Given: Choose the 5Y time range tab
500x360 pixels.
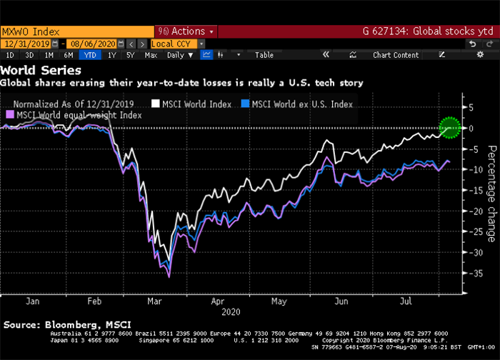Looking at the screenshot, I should pos(131,54).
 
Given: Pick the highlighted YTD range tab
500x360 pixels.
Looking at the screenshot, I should pos(91,54).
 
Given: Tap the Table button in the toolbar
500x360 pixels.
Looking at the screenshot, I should pos(264,54).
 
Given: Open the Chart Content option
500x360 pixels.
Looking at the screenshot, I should pos(396,54).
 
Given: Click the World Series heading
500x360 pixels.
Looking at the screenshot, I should pos(41,70).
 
